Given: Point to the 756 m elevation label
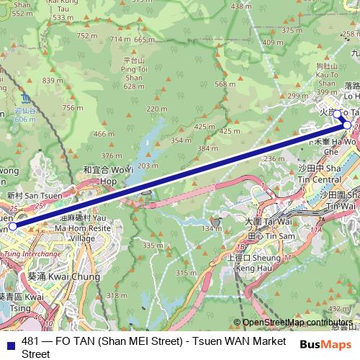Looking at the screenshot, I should pyautogui.click(x=70, y=108).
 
